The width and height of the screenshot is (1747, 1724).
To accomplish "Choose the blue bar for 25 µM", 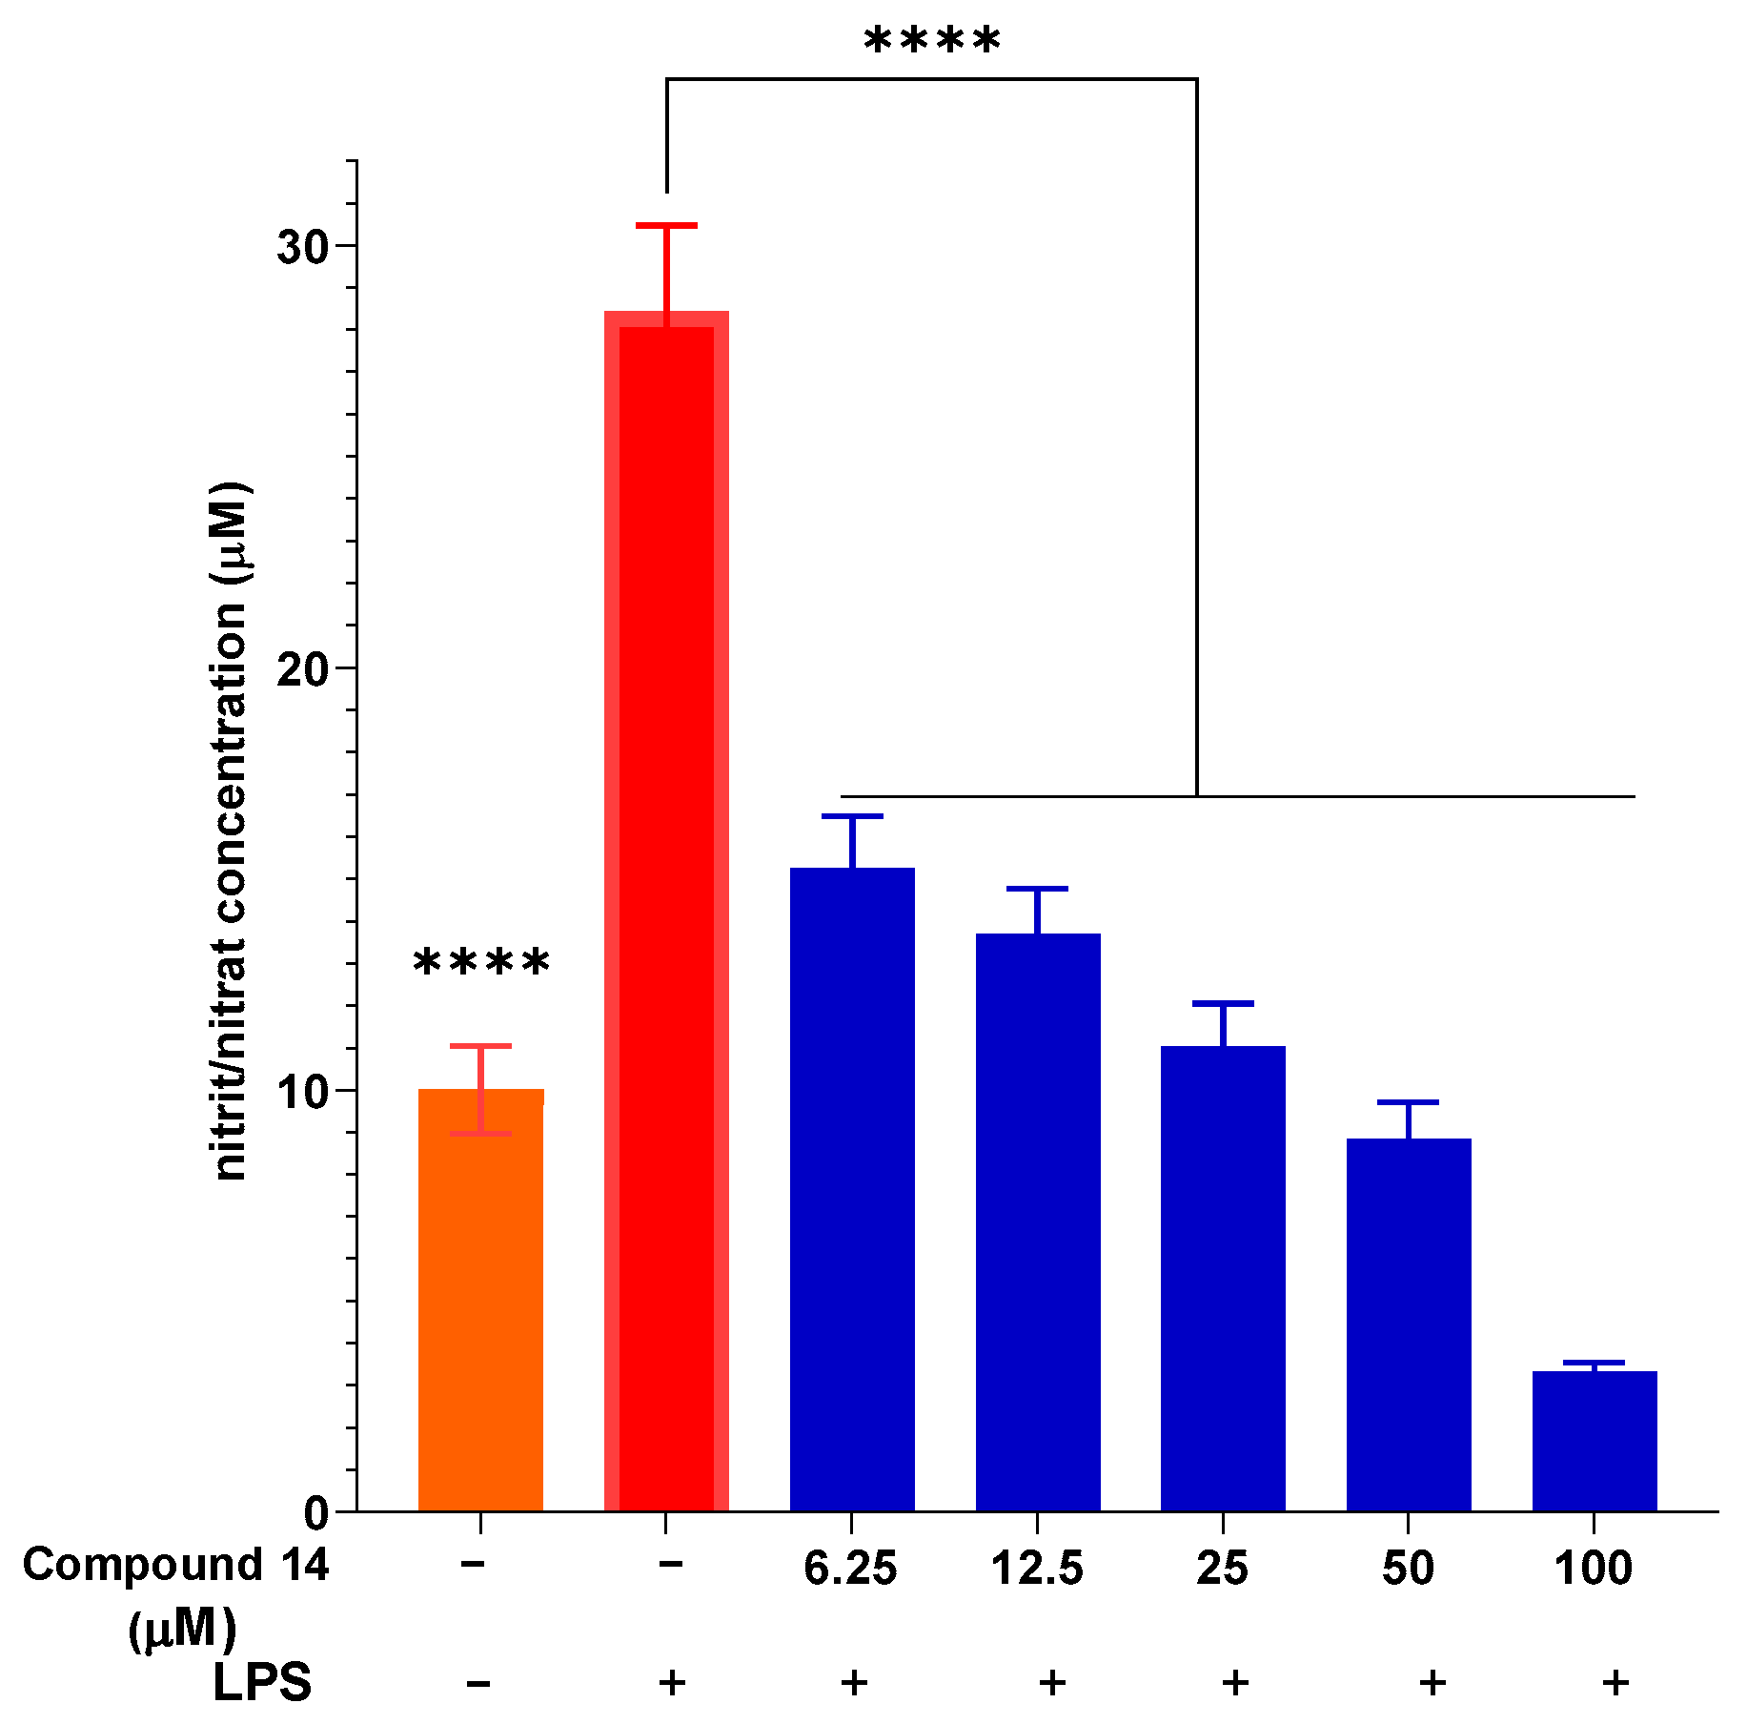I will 1223,1279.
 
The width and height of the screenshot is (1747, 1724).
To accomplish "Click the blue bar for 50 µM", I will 1409,1325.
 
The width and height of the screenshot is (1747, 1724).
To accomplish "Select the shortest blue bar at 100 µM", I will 1595,1441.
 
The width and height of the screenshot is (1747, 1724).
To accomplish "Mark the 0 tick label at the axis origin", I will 316,1513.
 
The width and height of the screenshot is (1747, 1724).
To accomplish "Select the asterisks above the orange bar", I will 481,963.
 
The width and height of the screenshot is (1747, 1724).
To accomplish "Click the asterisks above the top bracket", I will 932,42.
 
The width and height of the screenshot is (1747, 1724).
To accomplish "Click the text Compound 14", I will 175,1565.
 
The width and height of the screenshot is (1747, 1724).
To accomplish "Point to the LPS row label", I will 261,1682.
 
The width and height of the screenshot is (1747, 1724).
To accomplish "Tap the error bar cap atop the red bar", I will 666,226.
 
